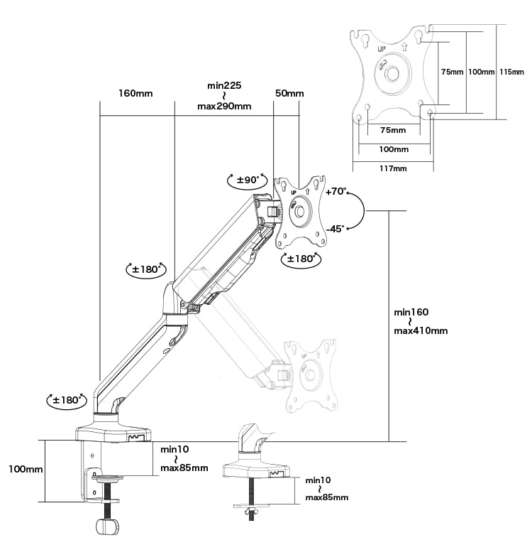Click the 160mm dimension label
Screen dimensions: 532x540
click(x=135, y=93)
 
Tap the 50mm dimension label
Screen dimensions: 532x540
click(x=289, y=93)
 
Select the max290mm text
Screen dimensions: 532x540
click(x=224, y=106)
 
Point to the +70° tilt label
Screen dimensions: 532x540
click(x=336, y=191)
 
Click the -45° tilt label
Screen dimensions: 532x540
click(x=335, y=229)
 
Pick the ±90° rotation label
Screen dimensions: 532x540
click(x=248, y=180)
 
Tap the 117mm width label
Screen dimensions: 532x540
click(x=393, y=168)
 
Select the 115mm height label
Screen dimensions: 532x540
click(x=511, y=72)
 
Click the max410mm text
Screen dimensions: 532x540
click(x=421, y=331)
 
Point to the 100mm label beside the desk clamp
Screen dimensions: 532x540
click(x=26, y=469)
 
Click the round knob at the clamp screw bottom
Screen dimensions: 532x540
click(x=107, y=526)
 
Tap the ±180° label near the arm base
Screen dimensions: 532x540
click(x=67, y=400)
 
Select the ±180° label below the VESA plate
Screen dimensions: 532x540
click(x=301, y=259)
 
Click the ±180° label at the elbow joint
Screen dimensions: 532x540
click(x=147, y=269)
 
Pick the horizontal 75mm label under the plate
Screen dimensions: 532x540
click(x=393, y=130)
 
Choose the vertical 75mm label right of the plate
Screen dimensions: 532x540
click(x=453, y=72)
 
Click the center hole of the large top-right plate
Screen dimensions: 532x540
click(x=392, y=74)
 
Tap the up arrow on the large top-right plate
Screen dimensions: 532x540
click(x=404, y=46)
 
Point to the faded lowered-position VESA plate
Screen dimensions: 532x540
click(x=310, y=376)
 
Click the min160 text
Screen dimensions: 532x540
click(x=411, y=313)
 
